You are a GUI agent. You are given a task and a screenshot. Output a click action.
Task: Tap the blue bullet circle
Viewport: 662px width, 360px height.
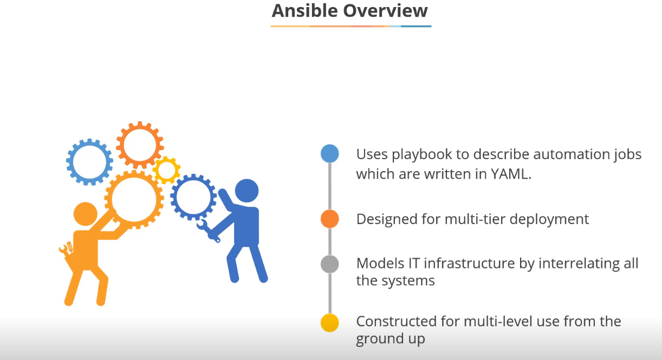[330, 154]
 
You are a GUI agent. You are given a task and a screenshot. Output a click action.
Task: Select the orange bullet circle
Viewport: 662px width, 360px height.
[330, 219]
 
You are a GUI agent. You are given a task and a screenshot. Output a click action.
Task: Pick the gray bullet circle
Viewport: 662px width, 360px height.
[330, 264]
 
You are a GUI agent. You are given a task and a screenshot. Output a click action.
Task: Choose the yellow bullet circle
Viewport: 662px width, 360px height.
[330, 323]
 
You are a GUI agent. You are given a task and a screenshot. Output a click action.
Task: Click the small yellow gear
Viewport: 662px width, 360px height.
[166, 170]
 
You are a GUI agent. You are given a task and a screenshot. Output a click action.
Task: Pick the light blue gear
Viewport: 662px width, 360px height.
[89, 161]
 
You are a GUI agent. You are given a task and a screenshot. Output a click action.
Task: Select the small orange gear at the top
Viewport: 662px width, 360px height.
[140, 144]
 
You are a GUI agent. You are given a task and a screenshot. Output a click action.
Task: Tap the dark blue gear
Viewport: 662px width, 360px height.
[193, 197]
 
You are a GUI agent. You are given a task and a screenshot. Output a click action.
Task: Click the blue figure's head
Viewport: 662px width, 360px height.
[246, 191]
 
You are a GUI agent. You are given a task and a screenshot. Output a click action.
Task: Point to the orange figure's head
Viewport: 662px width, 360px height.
[85, 215]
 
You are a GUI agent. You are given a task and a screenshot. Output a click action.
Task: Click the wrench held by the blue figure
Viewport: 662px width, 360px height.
[207, 231]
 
